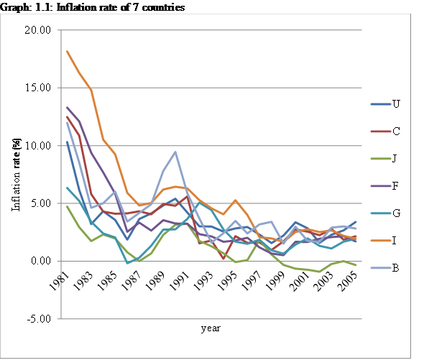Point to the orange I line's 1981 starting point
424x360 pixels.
point(67,51)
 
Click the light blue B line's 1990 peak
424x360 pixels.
point(176,152)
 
